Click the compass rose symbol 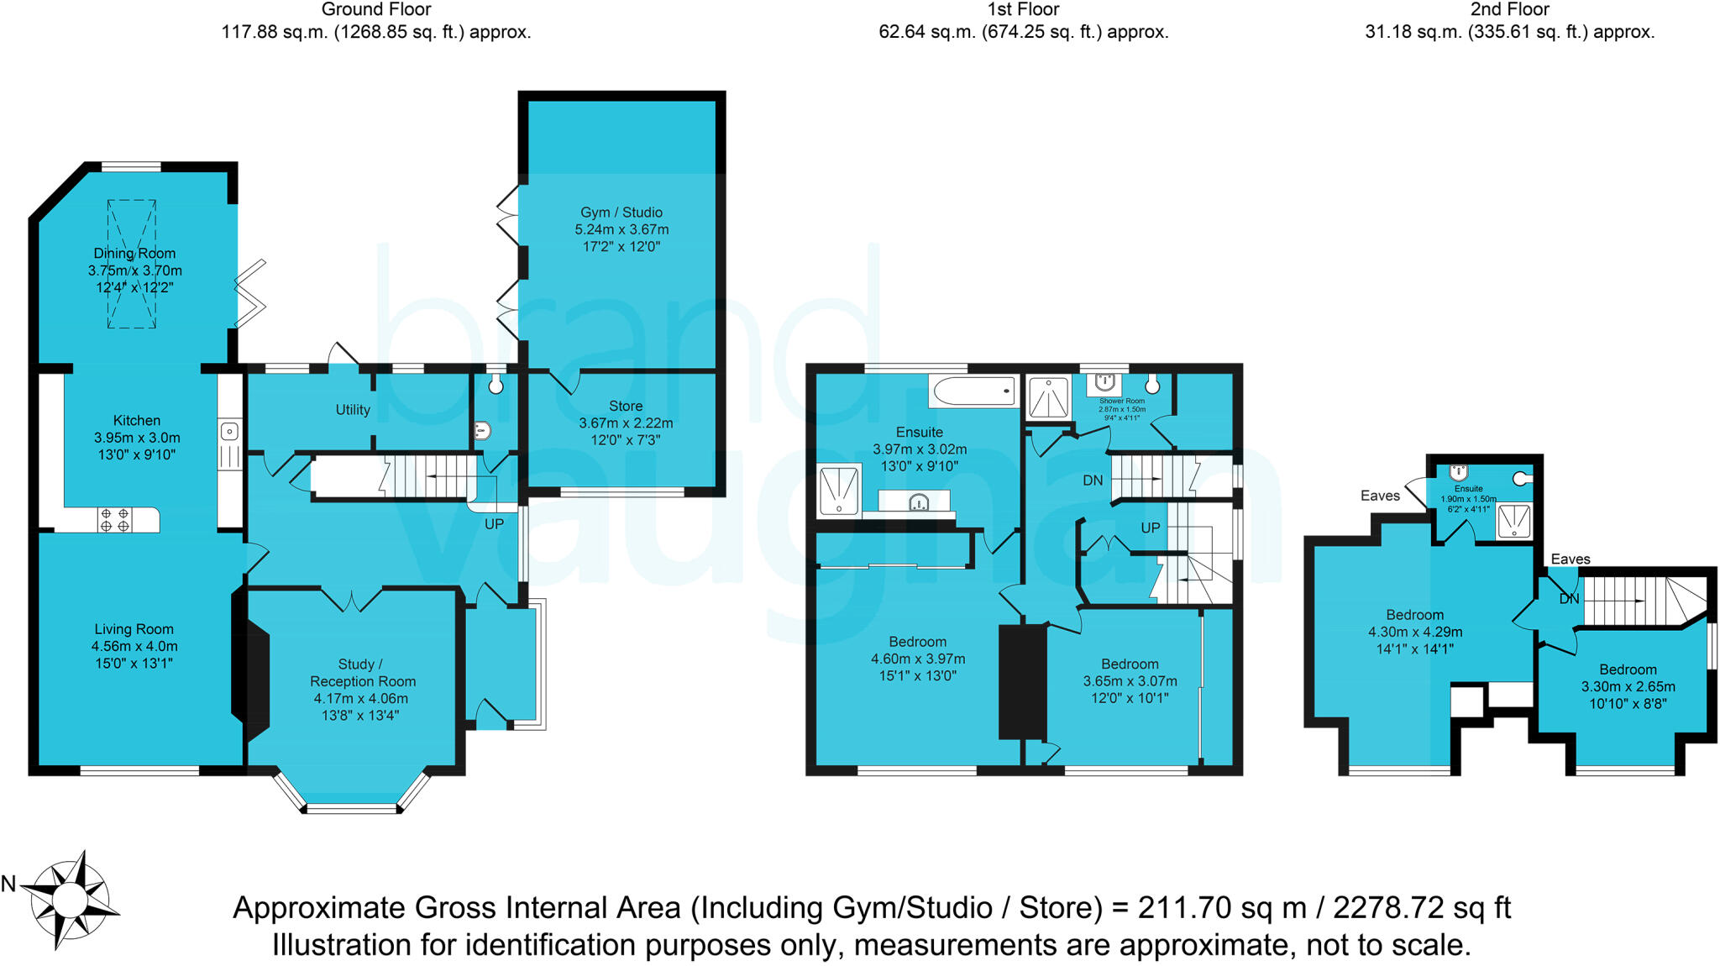tap(69, 900)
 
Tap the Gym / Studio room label tap(621, 213)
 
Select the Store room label tap(626, 406)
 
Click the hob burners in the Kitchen tap(115, 519)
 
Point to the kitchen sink tap(229, 433)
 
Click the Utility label tap(353, 410)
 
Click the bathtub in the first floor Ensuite tap(973, 391)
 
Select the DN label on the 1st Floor tap(1093, 480)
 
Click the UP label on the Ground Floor tap(494, 524)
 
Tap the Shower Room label tap(1122, 402)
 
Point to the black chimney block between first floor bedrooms tap(1022, 682)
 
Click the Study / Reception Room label tap(362, 673)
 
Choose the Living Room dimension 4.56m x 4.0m tap(134, 646)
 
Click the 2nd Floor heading tap(1509, 10)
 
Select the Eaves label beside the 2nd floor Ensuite tap(1380, 496)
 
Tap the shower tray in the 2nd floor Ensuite tap(1514, 521)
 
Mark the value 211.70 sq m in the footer tap(1222, 908)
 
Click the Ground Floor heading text tap(376, 10)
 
